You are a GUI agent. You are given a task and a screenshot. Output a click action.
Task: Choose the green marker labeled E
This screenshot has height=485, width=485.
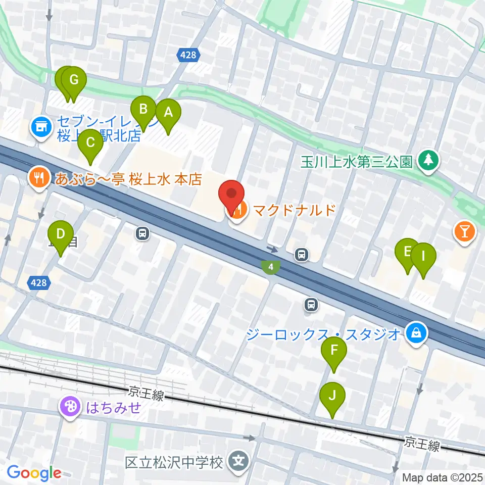[x=407, y=252]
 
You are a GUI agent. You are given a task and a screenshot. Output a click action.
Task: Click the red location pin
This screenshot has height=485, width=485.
[x=232, y=194]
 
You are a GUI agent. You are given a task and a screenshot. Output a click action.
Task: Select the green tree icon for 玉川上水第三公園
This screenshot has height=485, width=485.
[x=429, y=161]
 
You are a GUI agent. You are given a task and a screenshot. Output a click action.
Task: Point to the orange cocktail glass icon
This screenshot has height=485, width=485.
[x=464, y=232]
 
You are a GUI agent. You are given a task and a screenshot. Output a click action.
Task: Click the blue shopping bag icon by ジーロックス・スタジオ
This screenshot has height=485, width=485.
[x=415, y=333]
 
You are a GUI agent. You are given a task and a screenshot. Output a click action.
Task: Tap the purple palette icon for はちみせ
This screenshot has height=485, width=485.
[x=70, y=407]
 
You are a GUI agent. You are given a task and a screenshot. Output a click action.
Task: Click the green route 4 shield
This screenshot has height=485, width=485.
[x=271, y=266]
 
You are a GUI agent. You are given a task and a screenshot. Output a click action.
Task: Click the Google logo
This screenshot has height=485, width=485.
[x=33, y=472]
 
